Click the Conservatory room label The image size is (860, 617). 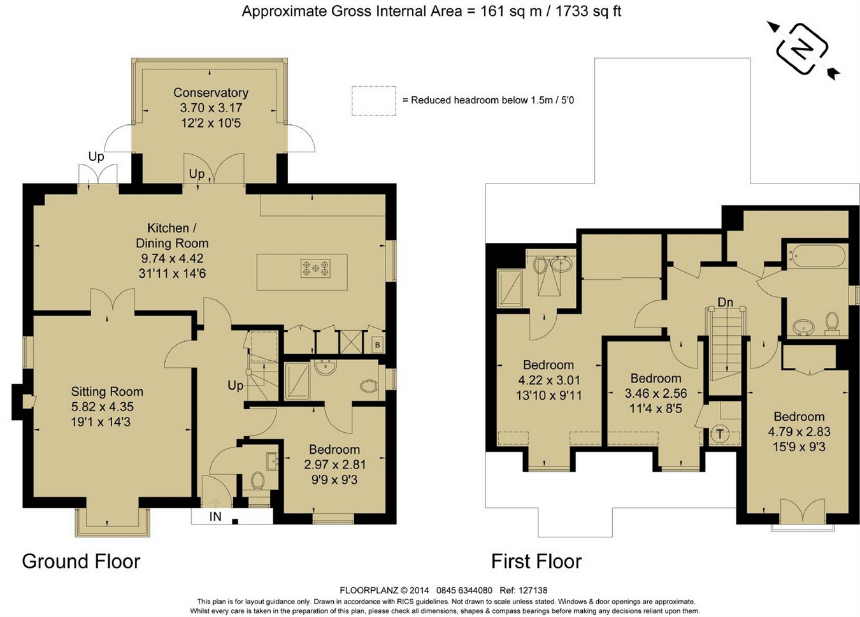click(x=211, y=92)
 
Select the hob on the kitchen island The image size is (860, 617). click(x=315, y=268)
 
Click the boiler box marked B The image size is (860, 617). click(x=377, y=345)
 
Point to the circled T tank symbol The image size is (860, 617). click(x=720, y=435)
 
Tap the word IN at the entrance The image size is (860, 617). click(x=215, y=516)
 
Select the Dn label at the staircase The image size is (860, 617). click(x=725, y=302)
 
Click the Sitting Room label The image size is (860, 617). click(x=107, y=391)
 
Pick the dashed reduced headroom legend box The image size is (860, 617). click(x=373, y=101)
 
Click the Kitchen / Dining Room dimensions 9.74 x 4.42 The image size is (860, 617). click(x=172, y=258)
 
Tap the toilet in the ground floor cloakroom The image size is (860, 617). click(x=257, y=481)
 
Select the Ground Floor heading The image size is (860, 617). click(x=81, y=562)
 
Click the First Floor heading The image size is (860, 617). click(x=536, y=562)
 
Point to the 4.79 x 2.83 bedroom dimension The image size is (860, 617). click(x=799, y=432)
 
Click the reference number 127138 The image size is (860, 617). click(x=533, y=590)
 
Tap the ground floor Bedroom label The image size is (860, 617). click(x=334, y=449)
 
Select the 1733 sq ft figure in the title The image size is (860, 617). click(x=588, y=11)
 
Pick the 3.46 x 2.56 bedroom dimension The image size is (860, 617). click(x=656, y=393)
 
